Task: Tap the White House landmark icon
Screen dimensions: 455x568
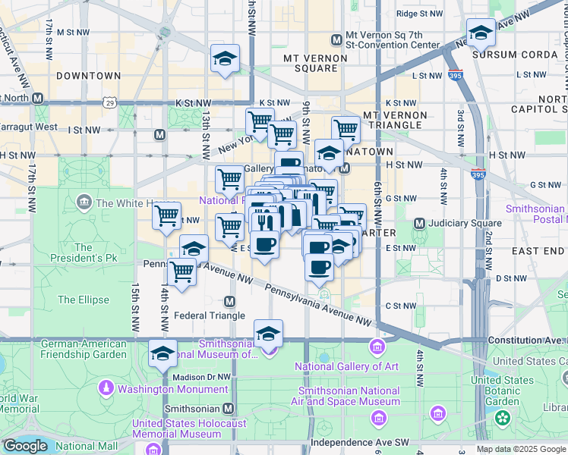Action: [84, 202]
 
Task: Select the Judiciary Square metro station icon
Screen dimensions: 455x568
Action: [419, 223]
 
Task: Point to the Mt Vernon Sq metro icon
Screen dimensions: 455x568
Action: [336, 39]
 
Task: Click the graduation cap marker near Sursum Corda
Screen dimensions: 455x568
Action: [480, 33]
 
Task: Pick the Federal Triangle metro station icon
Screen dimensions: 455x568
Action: [229, 302]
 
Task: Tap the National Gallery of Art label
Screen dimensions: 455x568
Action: [346, 367]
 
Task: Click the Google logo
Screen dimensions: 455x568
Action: [24, 446]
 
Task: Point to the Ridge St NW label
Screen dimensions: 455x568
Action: [419, 14]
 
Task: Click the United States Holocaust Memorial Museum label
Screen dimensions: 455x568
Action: [176, 428]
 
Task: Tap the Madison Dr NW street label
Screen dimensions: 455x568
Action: [200, 376]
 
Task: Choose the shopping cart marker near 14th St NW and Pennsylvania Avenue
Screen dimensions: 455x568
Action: [181, 271]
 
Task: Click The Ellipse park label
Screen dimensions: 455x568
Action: [84, 300]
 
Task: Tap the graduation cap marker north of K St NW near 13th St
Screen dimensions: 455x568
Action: [225, 58]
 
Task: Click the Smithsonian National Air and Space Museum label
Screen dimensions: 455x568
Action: [349, 396]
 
